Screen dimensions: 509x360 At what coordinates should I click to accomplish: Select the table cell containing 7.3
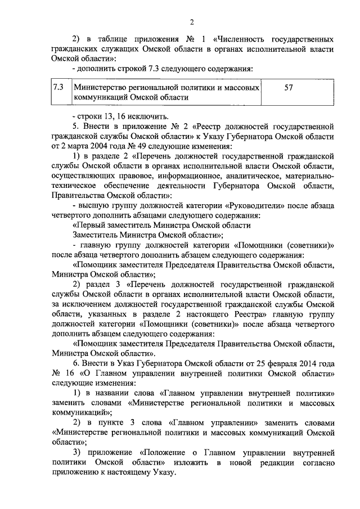58,88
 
